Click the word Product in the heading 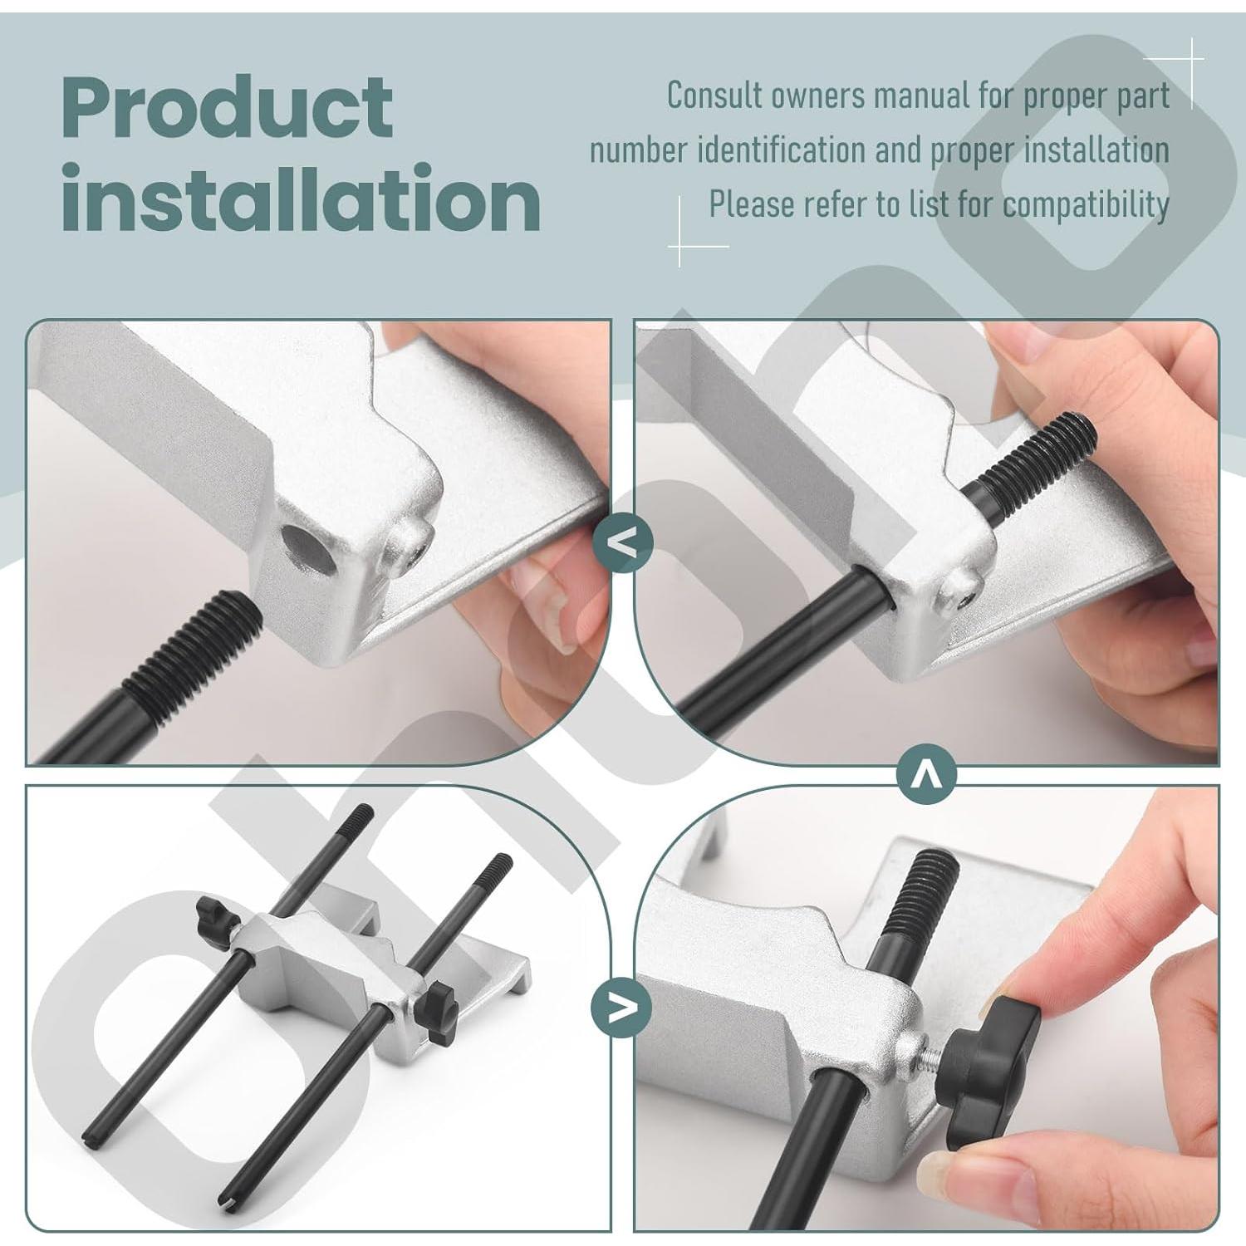(226, 108)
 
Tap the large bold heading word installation (301, 199)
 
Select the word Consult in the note (715, 96)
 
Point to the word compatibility (1085, 204)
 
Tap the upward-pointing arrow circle (927, 775)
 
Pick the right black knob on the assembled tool (437, 1011)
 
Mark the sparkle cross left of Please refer (680, 246)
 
